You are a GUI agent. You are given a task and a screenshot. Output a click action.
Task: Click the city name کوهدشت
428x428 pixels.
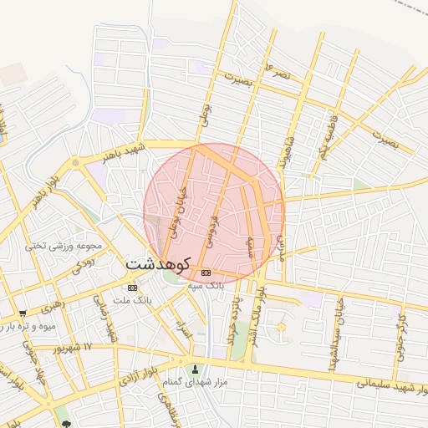click(x=159, y=263)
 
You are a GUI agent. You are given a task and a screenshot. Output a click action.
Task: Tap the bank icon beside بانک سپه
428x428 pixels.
click(x=206, y=273)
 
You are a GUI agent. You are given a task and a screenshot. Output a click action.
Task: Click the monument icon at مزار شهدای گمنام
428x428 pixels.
click(x=196, y=369)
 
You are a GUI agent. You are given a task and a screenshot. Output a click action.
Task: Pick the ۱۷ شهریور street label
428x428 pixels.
click(x=75, y=346)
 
